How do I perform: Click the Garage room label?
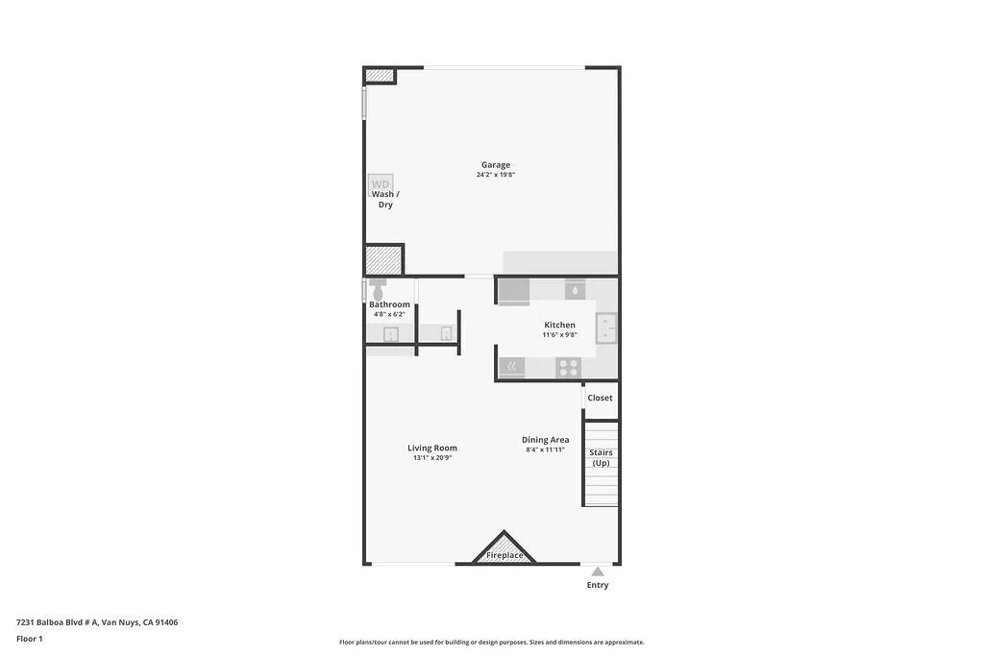click(x=496, y=165)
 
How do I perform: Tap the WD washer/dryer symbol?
click(x=381, y=183)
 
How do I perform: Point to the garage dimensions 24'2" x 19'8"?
click(x=496, y=175)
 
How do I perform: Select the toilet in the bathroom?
click(x=378, y=288)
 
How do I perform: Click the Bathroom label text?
click(x=389, y=304)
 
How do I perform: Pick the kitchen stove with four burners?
click(x=568, y=366)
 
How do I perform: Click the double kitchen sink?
click(x=606, y=328)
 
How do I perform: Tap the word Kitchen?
click(x=559, y=326)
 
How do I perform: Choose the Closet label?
click(x=600, y=398)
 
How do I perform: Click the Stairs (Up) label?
click(x=601, y=457)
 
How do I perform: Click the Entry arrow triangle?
click(x=598, y=571)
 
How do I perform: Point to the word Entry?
click(x=598, y=585)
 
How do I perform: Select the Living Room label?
click(x=431, y=448)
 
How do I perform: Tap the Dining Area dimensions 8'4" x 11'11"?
click(x=545, y=449)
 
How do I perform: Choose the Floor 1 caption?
click(x=31, y=638)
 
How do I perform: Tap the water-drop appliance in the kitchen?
click(x=574, y=289)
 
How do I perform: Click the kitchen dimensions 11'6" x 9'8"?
click(x=559, y=335)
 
